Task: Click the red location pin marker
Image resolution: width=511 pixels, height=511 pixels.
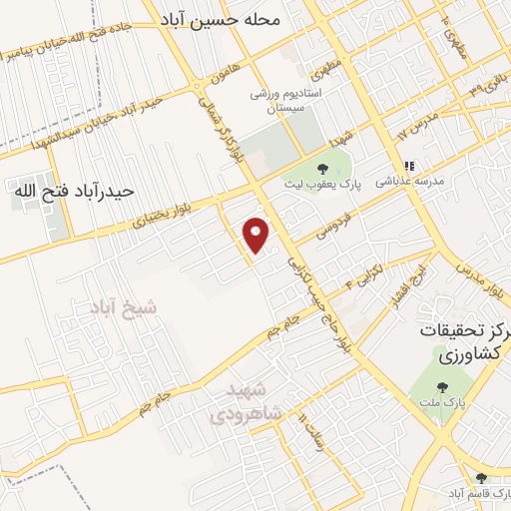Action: point(257,235)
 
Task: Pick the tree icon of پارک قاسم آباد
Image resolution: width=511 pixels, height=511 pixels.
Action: point(482,478)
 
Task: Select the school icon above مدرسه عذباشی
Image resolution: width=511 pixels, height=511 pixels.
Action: point(407,167)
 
